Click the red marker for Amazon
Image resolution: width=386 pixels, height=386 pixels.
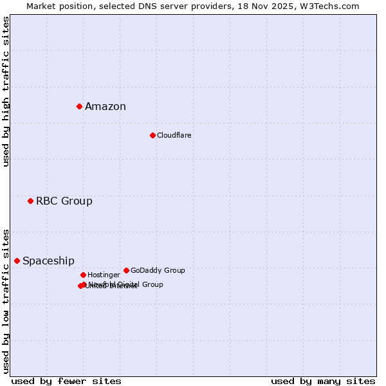(x=79, y=106)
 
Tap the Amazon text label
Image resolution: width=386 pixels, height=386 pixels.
(x=106, y=107)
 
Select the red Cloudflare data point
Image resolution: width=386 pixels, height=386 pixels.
(x=152, y=135)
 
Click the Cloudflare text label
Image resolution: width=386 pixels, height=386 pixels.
(x=174, y=136)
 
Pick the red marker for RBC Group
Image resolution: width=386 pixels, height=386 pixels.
(x=30, y=201)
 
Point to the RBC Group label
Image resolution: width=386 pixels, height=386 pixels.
(x=64, y=201)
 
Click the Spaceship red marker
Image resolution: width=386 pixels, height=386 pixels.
(x=17, y=261)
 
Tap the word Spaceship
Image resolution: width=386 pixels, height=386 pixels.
(x=48, y=261)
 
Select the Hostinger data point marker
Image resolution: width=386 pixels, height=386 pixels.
(x=83, y=275)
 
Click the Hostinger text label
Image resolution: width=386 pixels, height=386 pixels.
(x=104, y=275)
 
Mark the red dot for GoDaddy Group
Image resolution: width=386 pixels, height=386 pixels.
(x=126, y=270)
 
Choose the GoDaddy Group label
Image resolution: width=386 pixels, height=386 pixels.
(x=158, y=271)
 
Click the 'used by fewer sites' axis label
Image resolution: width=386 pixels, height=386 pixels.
(x=66, y=381)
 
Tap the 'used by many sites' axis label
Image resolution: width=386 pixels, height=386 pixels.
(x=323, y=381)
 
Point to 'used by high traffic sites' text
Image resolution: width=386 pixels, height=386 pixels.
(x=6, y=91)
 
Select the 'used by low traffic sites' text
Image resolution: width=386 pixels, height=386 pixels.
(x=6, y=300)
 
